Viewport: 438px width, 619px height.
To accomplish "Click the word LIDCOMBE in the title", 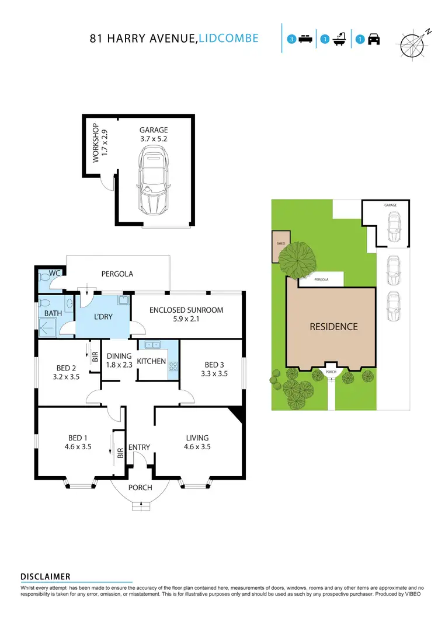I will click(x=228, y=39).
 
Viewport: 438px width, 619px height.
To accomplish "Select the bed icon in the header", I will click(x=304, y=39).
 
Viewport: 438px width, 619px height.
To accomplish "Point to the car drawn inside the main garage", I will click(x=154, y=181).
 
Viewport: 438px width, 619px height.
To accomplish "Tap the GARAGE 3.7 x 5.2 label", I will click(x=154, y=135).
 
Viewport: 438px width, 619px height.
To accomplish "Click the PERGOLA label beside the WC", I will click(x=117, y=273).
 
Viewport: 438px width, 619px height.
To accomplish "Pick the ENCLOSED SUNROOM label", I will click(x=186, y=314).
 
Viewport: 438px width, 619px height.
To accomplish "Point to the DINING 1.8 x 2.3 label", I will click(x=119, y=361).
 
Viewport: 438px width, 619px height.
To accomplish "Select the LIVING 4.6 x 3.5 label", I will click(x=197, y=442).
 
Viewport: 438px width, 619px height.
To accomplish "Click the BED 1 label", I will click(x=78, y=442).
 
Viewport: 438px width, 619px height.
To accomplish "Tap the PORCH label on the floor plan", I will click(x=140, y=487).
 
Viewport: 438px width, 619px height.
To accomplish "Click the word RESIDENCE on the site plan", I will click(x=333, y=327).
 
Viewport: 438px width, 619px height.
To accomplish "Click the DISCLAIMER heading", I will click(x=46, y=576).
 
